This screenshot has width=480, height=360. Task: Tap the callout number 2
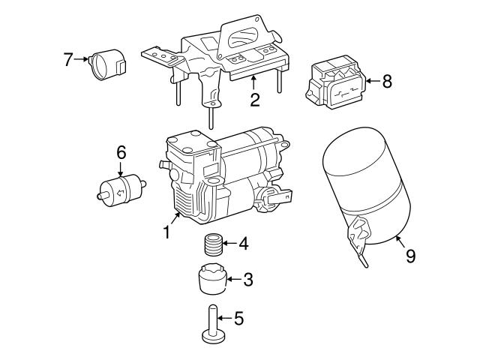[255, 98]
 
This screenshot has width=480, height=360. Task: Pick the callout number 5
[238, 319]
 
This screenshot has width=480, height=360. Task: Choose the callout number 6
[121, 153]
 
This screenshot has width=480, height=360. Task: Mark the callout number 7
[68, 58]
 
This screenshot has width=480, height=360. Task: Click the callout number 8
[386, 81]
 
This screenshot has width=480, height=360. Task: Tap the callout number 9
[410, 256]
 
